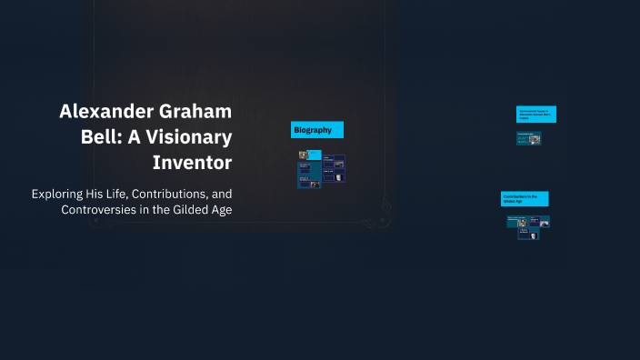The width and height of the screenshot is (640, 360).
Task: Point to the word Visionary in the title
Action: pos(191,138)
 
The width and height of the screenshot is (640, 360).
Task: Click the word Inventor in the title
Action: pos(193,164)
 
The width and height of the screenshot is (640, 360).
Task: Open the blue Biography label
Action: pos(316,130)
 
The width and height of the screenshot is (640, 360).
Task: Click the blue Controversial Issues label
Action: pos(535,114)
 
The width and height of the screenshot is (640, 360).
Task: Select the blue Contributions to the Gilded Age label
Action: pos(524,198)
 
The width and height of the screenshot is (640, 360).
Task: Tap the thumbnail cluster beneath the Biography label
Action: pos(321,170)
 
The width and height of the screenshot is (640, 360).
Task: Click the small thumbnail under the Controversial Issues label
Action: pos(528,139)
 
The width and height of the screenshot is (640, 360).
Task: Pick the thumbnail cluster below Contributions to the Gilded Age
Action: pos(527,226)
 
